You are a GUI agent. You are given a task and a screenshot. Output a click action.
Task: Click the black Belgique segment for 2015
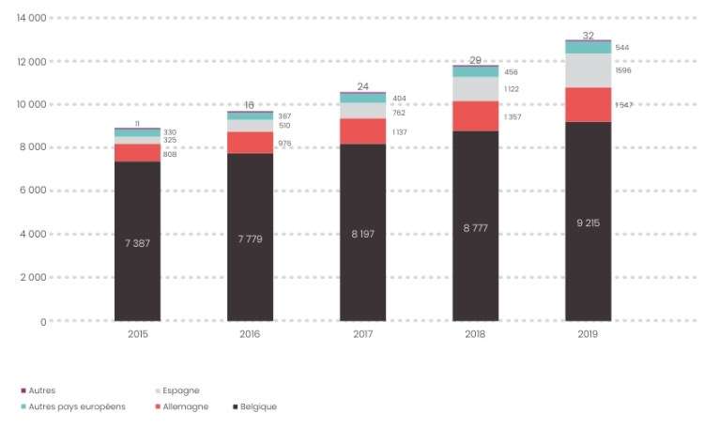(x=137, y=240)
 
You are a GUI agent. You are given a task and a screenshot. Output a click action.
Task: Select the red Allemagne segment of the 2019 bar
(x=588, y=104)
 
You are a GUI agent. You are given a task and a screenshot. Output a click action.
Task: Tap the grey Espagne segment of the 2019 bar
(x=588, y=70)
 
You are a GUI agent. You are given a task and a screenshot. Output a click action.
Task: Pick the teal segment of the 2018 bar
(x=475, y=71)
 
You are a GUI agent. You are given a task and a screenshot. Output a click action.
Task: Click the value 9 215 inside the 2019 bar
(x=588, y=222)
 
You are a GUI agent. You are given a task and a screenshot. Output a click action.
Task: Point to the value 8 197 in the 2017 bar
(x=362, y=233)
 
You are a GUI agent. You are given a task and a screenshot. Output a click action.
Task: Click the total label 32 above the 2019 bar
(x=588, y=36)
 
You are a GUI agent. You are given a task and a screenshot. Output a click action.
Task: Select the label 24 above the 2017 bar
(x=362, y=86)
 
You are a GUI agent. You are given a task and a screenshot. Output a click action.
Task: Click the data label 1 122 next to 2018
(x=512, y=89)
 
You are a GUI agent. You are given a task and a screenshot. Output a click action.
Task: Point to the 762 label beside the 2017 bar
(x=398, y=113)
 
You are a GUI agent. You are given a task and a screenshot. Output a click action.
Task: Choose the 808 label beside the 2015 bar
(x=171, y=154)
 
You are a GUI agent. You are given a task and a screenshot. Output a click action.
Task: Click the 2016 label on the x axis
(x=250, y=333)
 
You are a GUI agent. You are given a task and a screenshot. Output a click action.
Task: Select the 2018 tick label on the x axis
(x=475, y=333)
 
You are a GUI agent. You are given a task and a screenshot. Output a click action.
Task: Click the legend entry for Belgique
(x=257, y=406)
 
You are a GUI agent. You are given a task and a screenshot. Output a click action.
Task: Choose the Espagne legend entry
(x=180, y=391)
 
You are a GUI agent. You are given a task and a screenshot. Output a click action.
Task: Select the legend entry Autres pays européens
(x=78, y=406)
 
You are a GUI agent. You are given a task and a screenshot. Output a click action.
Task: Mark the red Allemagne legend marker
(x=156, y=406)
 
